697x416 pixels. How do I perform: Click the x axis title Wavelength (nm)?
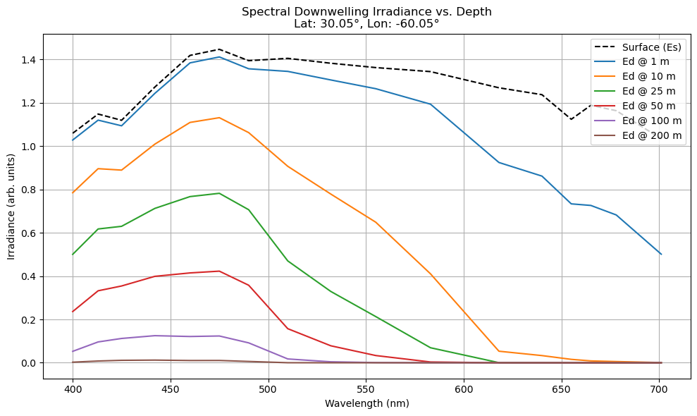pyautogui.click(x=366, y=404)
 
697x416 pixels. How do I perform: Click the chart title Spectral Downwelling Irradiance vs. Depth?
pyautogui.click(x=366, y=11)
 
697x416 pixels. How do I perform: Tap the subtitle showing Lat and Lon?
pyautogui.click(x=366, y=23)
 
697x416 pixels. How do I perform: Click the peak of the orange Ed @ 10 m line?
pyautogui.click(x=219, y=118)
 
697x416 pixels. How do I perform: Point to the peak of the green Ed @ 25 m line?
pyautogui.click(x=219, y=193)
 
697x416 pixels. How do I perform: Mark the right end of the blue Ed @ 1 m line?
pyautogui.click(x=661, y=254)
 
